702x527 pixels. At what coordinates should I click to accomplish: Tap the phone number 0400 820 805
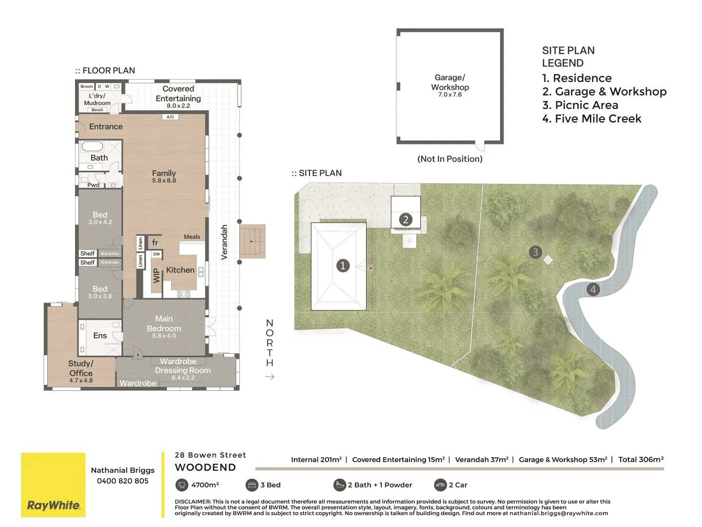(x=122, y=481)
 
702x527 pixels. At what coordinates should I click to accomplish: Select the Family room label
(x=164, y=176)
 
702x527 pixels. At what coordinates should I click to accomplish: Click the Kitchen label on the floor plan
(x=180, y=270)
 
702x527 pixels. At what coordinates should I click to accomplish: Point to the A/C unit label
(x=170, y=117)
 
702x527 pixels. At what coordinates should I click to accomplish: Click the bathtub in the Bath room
(x=92, y=146)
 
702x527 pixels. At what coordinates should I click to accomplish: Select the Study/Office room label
(x=81, y=371)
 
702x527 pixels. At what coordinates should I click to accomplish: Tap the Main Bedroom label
(x=164, y=326)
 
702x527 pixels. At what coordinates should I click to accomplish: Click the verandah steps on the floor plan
(x=252, y=241)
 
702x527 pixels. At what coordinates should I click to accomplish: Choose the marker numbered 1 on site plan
(x=343, y=265)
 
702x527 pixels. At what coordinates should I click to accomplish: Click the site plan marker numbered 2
(x=406, y=220)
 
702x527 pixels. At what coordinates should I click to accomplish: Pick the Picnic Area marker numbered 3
(x=535, y=252)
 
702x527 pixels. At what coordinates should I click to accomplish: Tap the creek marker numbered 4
(x=593, y=289)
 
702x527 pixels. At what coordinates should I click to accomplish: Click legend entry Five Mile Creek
(x=592, y=119)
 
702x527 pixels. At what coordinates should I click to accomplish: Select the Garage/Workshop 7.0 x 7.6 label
(x=450, y=85)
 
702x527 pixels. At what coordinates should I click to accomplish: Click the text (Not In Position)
(x=450, y=159)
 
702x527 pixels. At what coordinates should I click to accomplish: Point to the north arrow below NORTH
(x=270, y=377)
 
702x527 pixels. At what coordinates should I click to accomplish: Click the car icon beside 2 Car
(x=440, y=485)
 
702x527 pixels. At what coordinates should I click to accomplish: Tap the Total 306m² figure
(x=641, y=460)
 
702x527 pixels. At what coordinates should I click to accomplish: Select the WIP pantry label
(x=156, y=276)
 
